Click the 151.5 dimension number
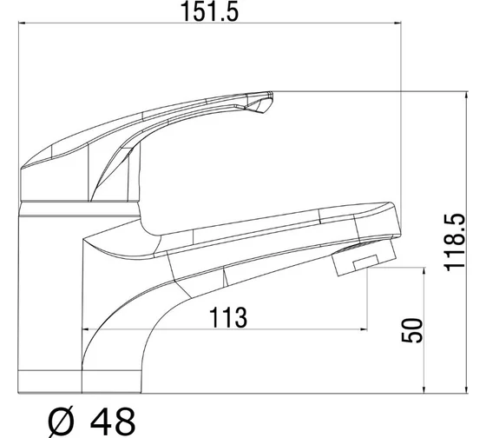tap(209, 12)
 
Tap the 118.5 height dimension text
tap(455, 242)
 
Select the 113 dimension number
tap(228, 317)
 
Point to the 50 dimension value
tap(412, 330)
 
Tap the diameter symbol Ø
tap(62, 421)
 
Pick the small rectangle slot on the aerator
tap(365, 262)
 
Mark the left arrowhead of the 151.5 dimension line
tap(21, 23)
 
